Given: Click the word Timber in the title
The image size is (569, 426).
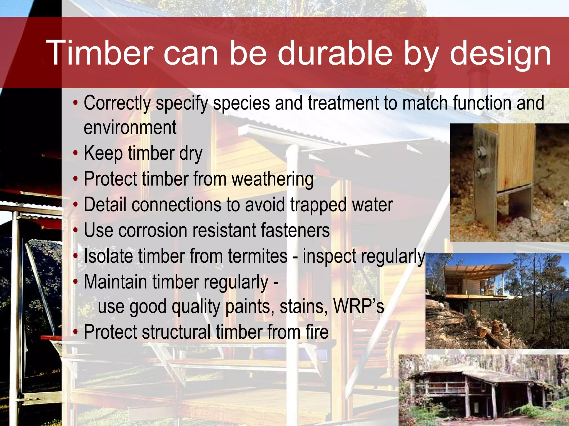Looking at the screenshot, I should [x=100, y=53].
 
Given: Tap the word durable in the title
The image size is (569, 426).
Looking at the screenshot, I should [x=335, y=53].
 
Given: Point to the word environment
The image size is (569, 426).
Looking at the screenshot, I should [x=130, y=128].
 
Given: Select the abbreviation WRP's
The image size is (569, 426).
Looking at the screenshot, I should [x=358, y=306].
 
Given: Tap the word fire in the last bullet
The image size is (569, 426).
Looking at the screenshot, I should [x=317, y=332].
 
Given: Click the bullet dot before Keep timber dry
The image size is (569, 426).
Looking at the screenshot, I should [x=75, y=153].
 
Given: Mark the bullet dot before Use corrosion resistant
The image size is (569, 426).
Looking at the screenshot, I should [x=75, y=230].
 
